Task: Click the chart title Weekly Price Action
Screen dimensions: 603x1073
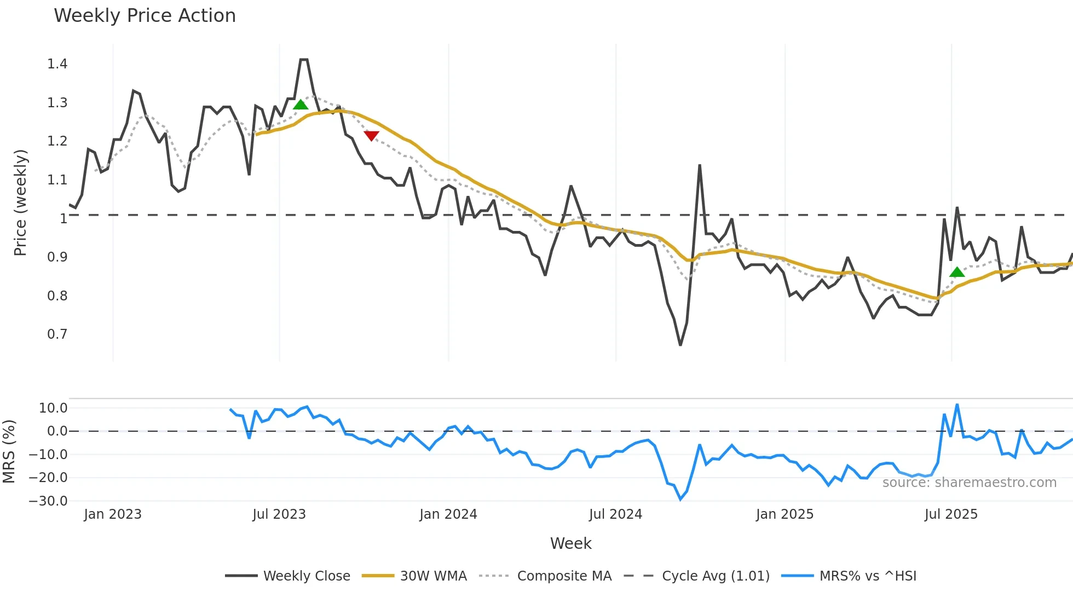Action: (x=145, y=16)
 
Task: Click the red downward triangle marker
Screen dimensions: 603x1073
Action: (x=371, y=136)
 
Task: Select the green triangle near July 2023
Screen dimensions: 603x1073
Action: (x=301, y=105)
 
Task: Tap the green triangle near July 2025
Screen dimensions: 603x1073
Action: (x=957, y=272)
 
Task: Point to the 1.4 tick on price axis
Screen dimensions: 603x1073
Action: (x=57, y=64)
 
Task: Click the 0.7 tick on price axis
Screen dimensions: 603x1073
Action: (x=57, y=334)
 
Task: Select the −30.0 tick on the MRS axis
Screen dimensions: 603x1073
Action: (x=48, y=501)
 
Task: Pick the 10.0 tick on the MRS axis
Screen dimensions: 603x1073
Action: (x=53, y=408)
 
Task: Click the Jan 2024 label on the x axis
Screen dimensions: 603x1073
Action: (x=448, y=514)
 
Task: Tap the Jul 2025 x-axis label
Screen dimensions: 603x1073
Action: (x=950, y=514)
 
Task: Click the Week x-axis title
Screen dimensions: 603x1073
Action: (x=570, y=543)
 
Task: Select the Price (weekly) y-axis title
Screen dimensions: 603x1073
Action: (x=20, y=202)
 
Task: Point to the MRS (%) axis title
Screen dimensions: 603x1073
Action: (x=9, y=451)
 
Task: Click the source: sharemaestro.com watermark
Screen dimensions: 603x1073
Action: (x=969, y=483)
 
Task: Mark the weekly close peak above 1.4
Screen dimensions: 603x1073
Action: (x=304, y=60)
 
